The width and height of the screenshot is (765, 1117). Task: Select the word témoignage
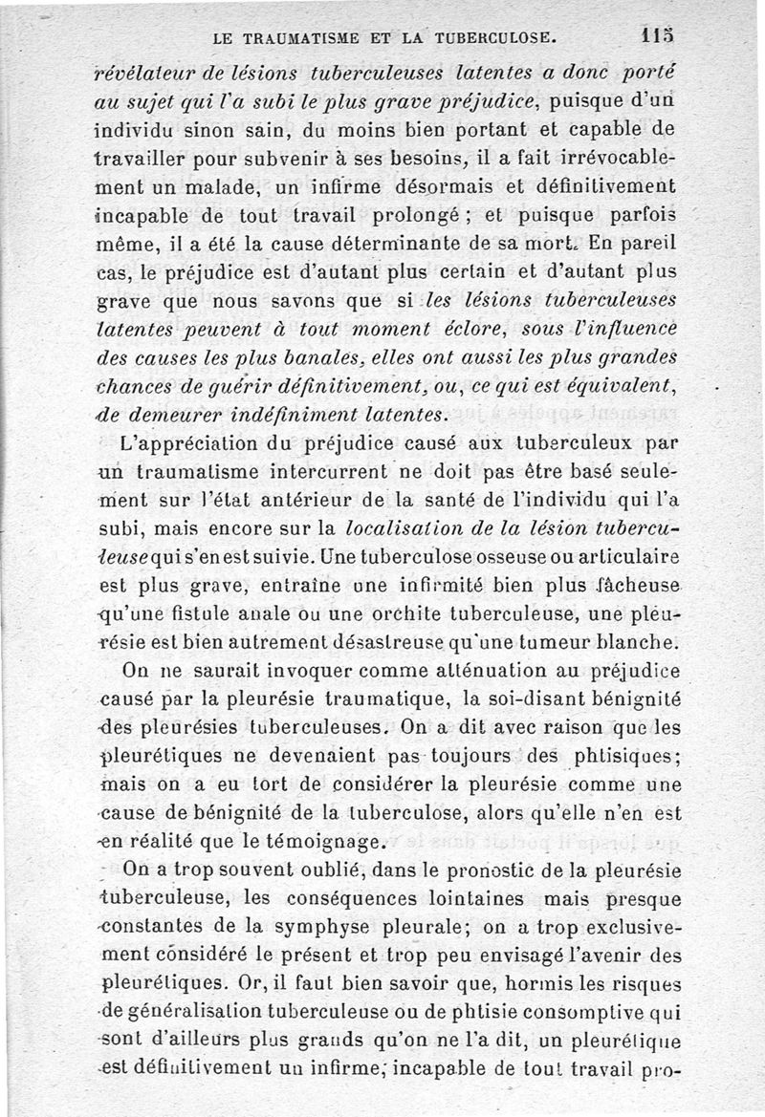pyautogui.click(x=322, y=842)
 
